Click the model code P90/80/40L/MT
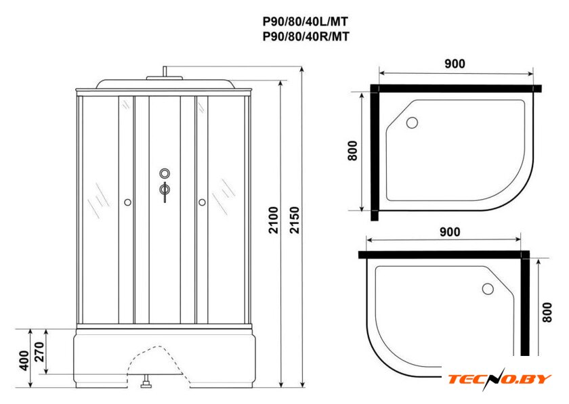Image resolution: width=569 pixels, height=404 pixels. [305, 22]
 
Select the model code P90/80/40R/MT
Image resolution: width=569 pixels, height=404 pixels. [306, 37]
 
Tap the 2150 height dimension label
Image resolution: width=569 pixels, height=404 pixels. [295, 220]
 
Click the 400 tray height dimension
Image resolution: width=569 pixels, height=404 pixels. [24, 361]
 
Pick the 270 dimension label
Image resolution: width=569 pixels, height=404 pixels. [39, 352]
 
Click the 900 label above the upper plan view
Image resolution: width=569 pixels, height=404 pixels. [455, 64]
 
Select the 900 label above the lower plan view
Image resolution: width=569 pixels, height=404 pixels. [450, 231]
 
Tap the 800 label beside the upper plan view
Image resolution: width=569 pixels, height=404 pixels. [352, 150]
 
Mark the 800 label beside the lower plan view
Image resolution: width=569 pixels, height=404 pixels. [547, 312]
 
